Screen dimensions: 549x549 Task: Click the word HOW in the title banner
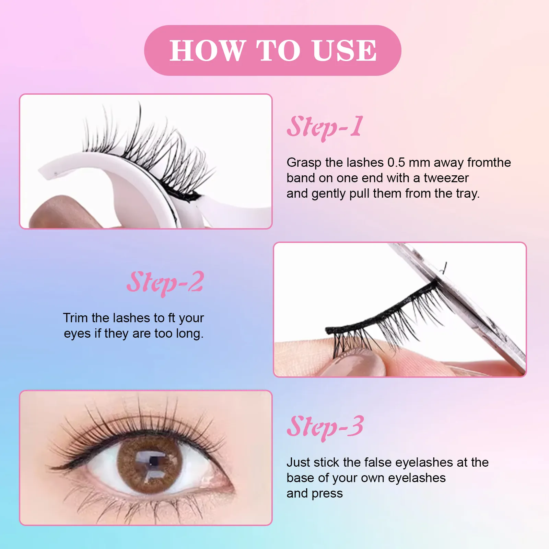pyautogui.click(x=207, y=51)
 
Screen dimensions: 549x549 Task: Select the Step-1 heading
pyautogui.click(x=325, y=127)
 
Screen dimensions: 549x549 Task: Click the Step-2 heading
pyautogui.click(x=165, y=282)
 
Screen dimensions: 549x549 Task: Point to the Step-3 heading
pyautogui.click(x=325, y=427)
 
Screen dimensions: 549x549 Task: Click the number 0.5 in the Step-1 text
pyautogui.click(x=396, y=162)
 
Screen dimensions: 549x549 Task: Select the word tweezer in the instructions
pyautogui.click(x=446, y=178)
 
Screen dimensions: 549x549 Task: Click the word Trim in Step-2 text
pyautogui.click(x=75, y=318)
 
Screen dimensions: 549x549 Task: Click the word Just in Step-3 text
pyautogui.click(x=299, y=462)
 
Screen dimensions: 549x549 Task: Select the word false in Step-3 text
pyautogui.click(x=376, y=462)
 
